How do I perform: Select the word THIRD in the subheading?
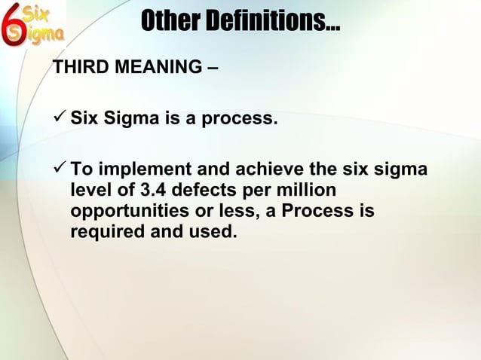(78, 72)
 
